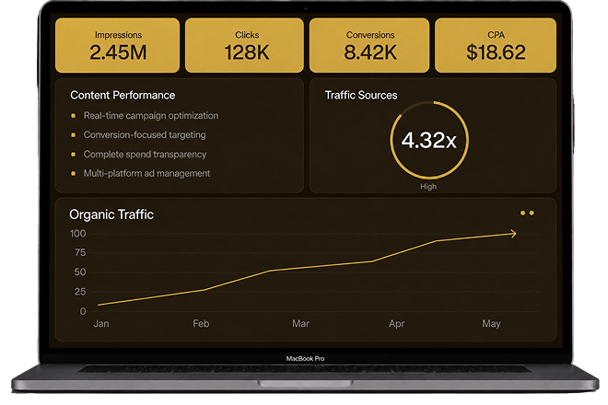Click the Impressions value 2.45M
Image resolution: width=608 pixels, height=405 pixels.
click(x=118, y=52)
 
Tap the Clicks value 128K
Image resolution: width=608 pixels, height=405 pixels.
click(x=247, y=52)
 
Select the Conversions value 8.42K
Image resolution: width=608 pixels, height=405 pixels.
click(x=370, y=52)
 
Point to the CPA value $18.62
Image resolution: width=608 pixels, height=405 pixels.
click(x=496, y=52)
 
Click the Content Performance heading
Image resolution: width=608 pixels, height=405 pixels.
click(x=123, y=96)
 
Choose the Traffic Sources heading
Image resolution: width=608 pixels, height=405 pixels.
click(x=361, y=96)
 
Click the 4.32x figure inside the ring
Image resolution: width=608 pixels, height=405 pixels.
click(x=429, y=140)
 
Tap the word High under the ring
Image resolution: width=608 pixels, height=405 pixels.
click(x=428, y=187)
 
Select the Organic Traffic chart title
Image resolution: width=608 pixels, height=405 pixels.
click(x=111, y=214)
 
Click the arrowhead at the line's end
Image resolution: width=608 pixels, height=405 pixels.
click(x=514, y=234)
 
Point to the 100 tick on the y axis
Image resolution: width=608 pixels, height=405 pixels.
click(x=78, y=233)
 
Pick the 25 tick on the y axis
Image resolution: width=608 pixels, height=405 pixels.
click(x=80, y=292)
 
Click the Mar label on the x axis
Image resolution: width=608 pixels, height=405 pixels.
click(x=300, y=323)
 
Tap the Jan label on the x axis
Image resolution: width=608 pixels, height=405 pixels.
click(x=101, y=323)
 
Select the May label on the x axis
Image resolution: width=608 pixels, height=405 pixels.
click(x=491, y=323)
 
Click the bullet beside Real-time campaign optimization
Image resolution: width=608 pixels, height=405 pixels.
click(x=73, y=115)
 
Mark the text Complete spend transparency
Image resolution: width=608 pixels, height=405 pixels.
click(x=145, y=155)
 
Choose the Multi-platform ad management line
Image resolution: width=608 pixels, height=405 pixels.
click(x=147, y=173)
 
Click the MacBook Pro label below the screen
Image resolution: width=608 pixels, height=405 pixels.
click(x=305, y=358)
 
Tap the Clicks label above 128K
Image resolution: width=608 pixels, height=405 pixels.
click(x=247, y=35)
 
